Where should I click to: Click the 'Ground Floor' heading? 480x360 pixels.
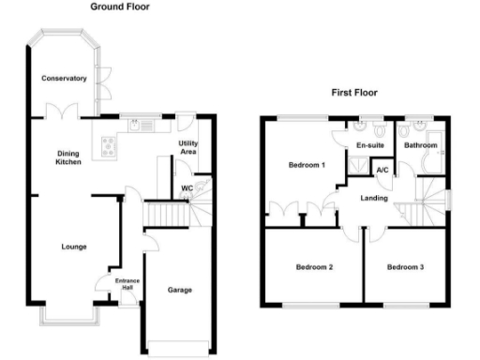[x=119, y=7]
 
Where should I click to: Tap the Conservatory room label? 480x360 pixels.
[x=64, y=78]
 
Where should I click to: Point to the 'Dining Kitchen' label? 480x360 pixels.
[x=67, y=157]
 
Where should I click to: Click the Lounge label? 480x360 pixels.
[x=74, y=247]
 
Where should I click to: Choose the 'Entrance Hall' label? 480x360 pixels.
[x=127, y=285]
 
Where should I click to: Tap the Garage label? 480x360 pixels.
[x=180, y=290]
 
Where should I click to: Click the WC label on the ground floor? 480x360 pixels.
[x=187, y=187]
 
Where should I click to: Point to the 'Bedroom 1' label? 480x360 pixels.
[x=307, y=166]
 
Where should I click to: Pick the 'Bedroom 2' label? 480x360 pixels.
[x=315, y=267]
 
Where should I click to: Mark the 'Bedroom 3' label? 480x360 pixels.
[x=406, y=267]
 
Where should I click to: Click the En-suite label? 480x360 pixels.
[x=368, y=145]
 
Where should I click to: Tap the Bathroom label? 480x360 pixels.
[x=421, y=145]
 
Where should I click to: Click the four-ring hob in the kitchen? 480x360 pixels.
[x=109, y=145]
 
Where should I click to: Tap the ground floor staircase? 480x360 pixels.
[x=169, y=217]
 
